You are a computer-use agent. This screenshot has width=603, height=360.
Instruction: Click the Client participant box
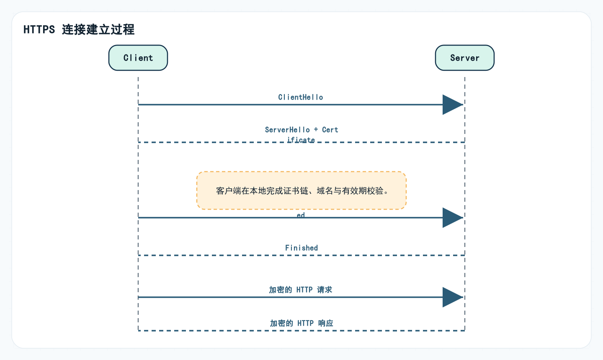tap(138, 58)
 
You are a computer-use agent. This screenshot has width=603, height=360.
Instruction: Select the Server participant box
tap(465, 58)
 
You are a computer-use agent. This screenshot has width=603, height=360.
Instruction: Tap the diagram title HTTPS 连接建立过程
tap(79, 29)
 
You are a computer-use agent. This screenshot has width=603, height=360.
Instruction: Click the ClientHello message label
tap(301, 97)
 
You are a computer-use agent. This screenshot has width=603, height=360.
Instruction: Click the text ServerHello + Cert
tap(301, 130)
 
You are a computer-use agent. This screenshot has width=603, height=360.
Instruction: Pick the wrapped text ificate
tap(301, 139)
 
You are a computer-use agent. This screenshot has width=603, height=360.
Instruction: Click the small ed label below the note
tap(301, 215)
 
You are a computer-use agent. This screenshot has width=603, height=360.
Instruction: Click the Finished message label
tap(301, 248)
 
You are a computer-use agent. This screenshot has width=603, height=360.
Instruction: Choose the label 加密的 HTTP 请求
tap(301, 290)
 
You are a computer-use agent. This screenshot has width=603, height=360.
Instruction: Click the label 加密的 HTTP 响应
tap(301, 323)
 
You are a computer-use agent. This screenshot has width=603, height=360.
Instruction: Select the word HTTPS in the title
tap(39, 29)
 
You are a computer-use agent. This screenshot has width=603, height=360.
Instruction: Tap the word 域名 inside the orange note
tap(325, 191)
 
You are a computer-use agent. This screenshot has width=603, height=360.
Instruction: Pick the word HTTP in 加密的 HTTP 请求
tap(304, 290)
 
